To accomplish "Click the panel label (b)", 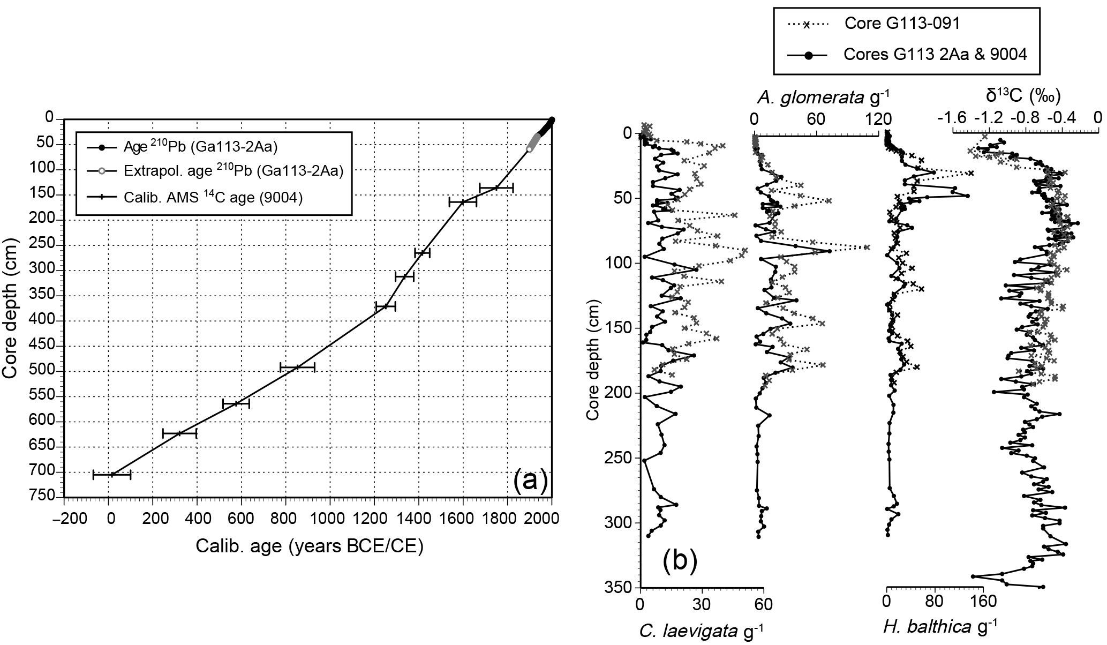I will tap(680, 561).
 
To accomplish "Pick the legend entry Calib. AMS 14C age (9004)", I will tap(213, 198).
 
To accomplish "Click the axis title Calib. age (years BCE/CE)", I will tap(309, 546).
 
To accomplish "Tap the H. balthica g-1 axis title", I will tap(941, 626).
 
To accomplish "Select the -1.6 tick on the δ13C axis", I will tap(951, 117).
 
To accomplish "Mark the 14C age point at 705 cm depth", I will tap(112, 474).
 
